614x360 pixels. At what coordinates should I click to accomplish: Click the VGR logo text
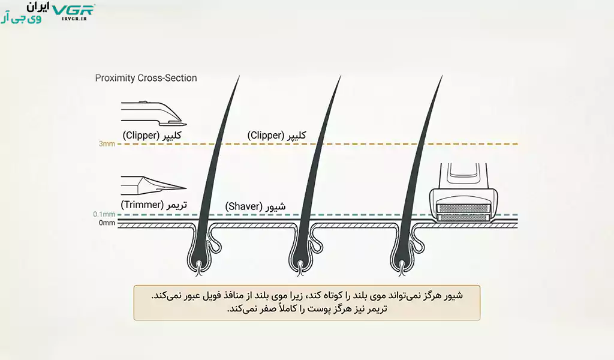pyautogui.click(x=73, y=10)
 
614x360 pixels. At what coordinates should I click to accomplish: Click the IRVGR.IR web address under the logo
pyautogui.click(x=74, y=19)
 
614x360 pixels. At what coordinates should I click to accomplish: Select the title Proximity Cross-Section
pyautogui.click(x=146, y=78)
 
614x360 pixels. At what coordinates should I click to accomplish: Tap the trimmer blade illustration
pyautogui.click(x=153, y=186)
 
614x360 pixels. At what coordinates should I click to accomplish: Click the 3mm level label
pyautogui.click(x=107, y=144)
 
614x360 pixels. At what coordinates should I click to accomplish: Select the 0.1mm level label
pyautogui.click(x=104, y=214)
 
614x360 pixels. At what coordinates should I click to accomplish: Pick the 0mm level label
pyautogui.click(x=107, y=223)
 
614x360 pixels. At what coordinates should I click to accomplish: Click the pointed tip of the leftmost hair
pyautogui.click(x=240, y=76)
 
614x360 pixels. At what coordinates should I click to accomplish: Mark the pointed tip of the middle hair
pyautogui.click(x=341, y=76)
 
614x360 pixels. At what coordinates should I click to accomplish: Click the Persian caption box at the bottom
pyautogui.click(x=306, y=303)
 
